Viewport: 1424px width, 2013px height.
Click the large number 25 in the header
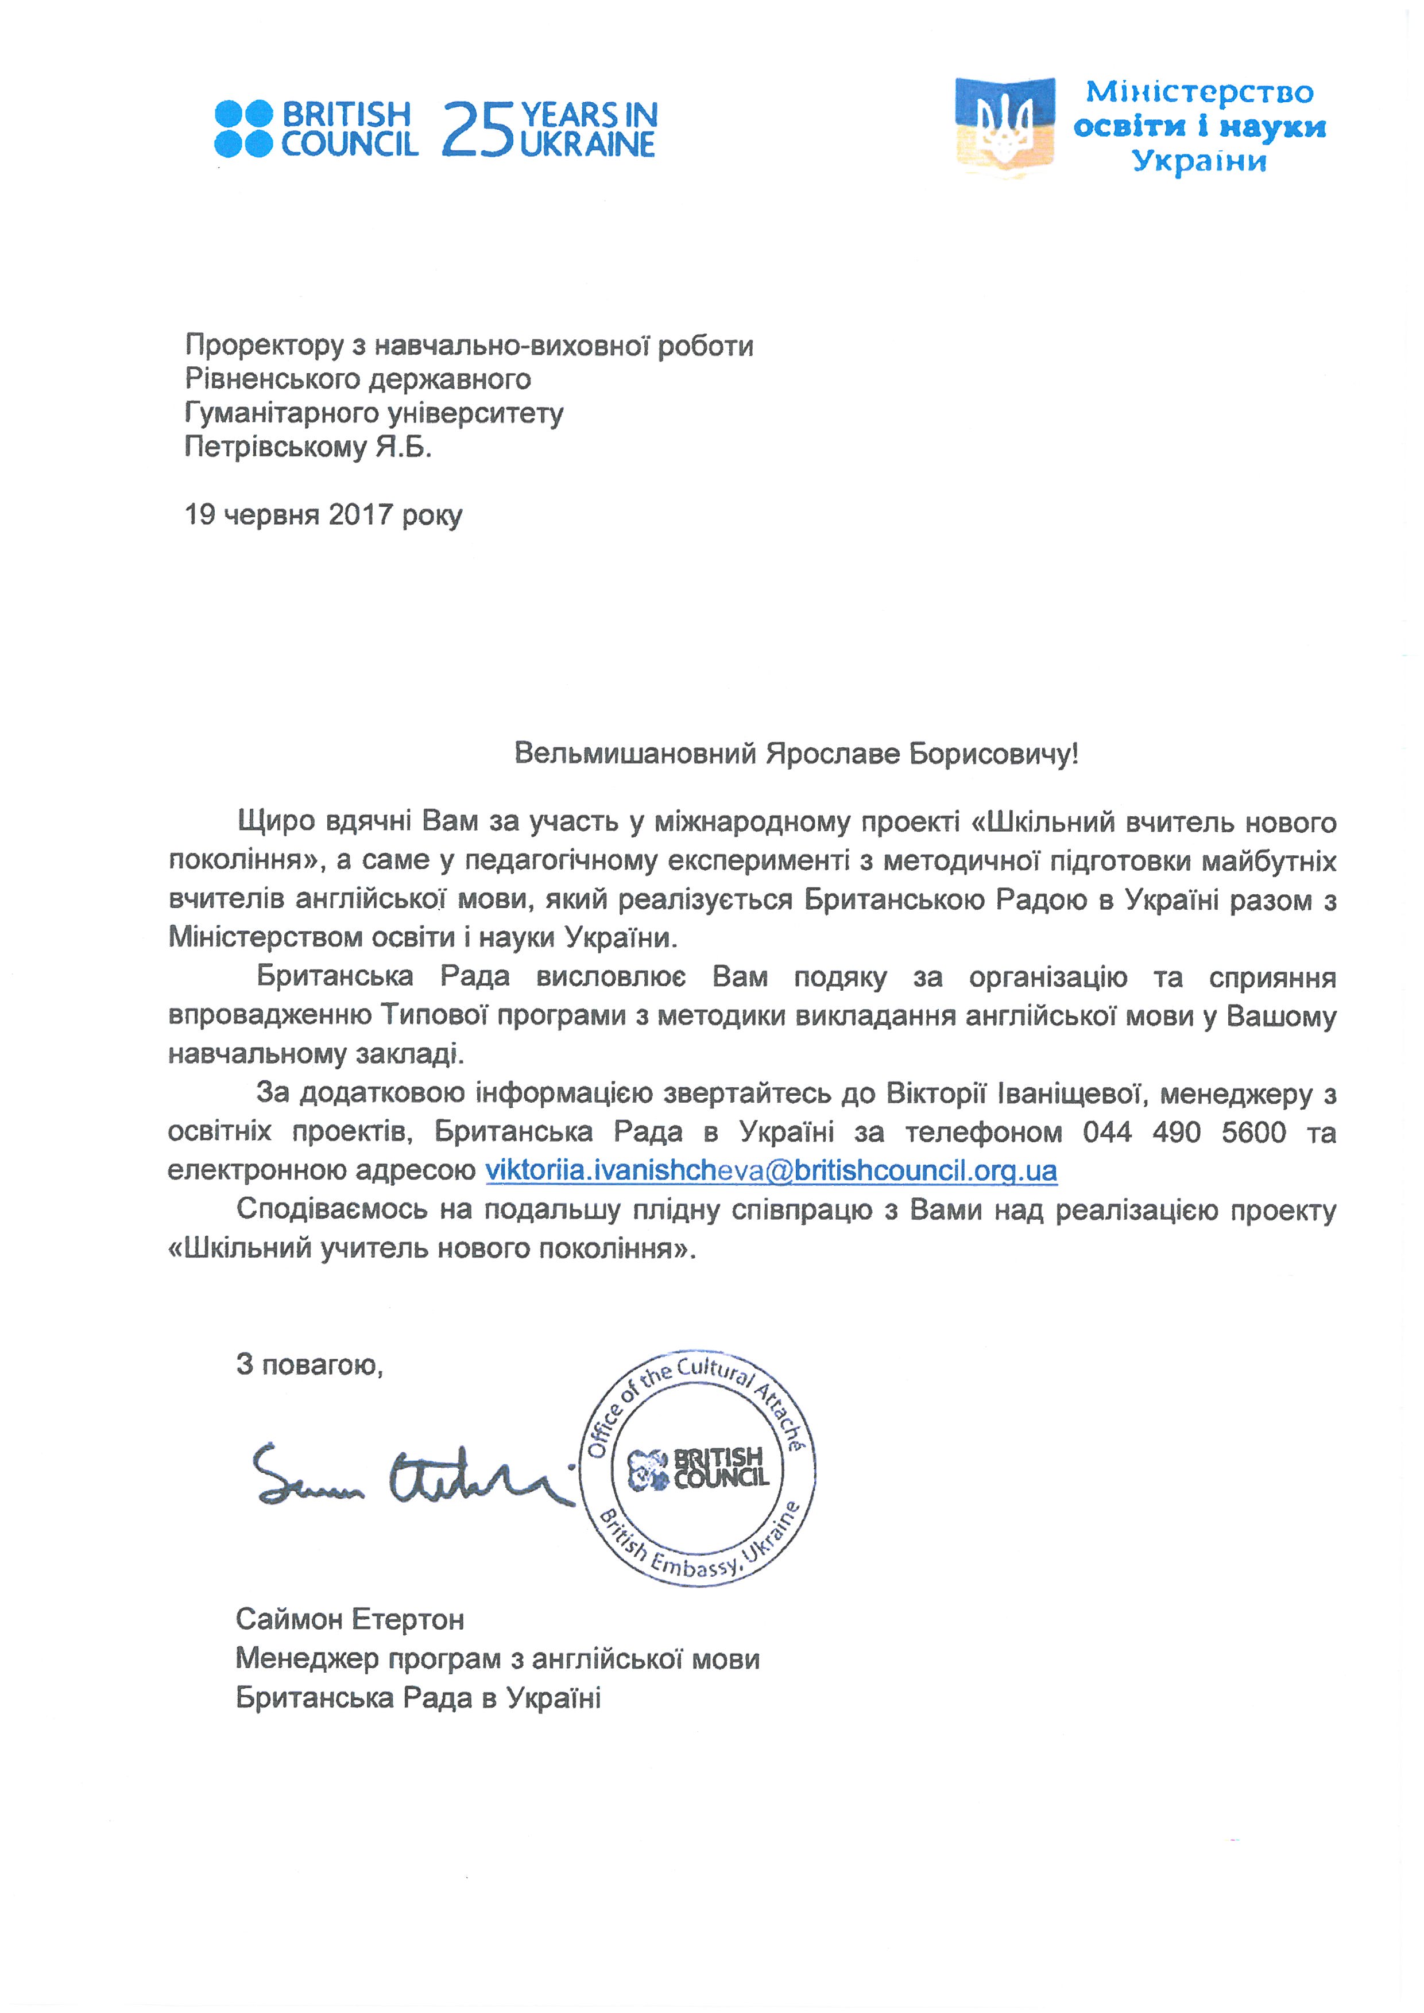478,130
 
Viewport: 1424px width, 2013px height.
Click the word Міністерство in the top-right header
1199,92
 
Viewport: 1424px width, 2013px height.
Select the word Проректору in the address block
264,346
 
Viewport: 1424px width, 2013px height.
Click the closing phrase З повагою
309,1364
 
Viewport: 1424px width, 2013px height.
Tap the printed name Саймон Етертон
349,1619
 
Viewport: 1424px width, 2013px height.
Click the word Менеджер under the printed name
306,1658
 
